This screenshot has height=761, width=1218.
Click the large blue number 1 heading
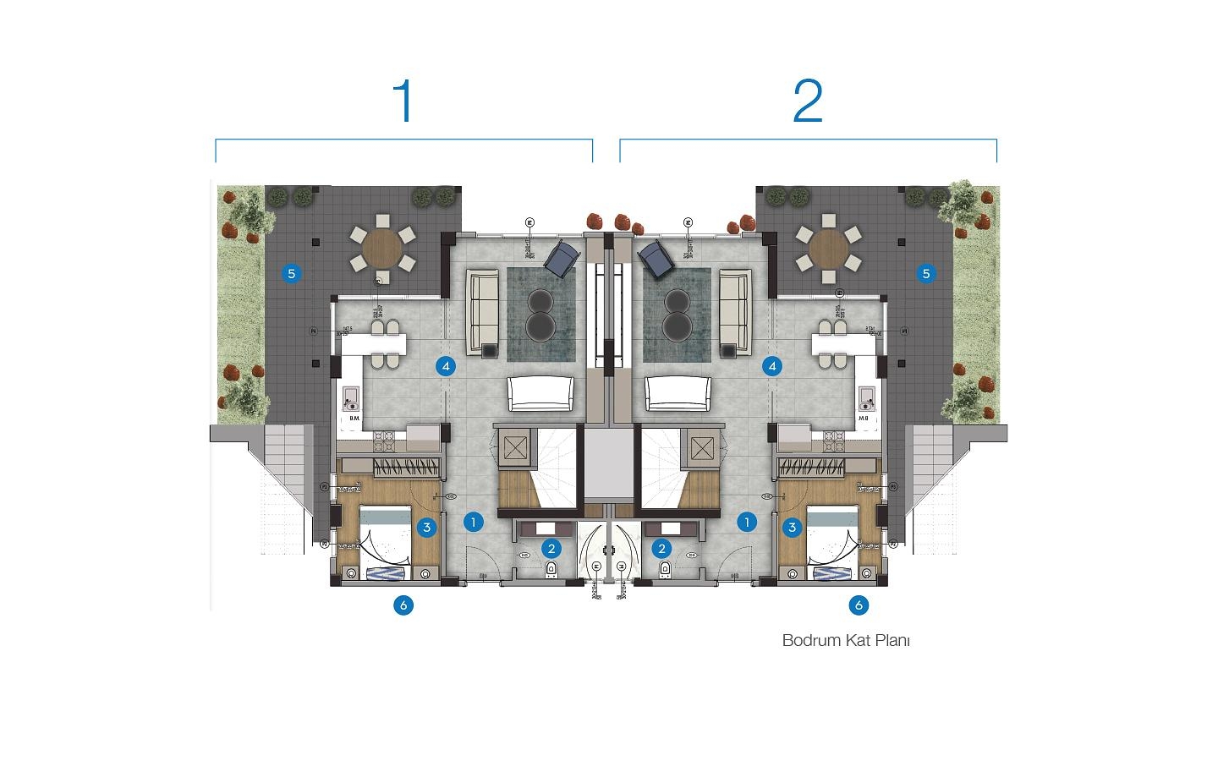pos(404,101)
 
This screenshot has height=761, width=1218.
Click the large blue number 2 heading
pos(808,101)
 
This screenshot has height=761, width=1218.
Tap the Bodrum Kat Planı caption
pos(846,640)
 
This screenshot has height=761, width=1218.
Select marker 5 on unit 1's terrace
pos(291,273)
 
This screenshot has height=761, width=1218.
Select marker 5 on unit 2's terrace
pos(926,273)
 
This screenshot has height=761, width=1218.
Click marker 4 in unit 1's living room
pos(446,366)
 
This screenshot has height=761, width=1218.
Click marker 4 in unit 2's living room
pos(771,366)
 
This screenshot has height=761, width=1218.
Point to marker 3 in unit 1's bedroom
pos(426,528)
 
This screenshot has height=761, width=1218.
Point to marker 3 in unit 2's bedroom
pos(792,528)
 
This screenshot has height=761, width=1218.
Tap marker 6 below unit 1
pos(403,605)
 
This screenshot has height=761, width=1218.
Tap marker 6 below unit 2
pos(859,605)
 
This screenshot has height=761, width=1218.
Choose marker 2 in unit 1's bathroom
pos(551,549)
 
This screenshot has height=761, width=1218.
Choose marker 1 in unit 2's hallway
pos(746,522)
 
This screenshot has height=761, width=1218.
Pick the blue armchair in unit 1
pos(559,259)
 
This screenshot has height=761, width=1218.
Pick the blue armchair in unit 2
pos(657,259)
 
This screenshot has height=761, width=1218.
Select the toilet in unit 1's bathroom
pos(551,569)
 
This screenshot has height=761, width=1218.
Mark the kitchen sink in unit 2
pos(866,397)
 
